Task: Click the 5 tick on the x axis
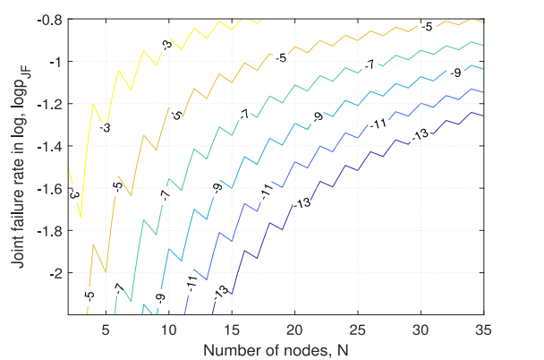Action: [x=106, y=328]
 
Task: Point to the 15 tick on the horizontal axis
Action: [x=232, y=328]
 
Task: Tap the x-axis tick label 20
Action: [x=295, y=328]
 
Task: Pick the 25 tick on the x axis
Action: [x=359, y=328]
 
